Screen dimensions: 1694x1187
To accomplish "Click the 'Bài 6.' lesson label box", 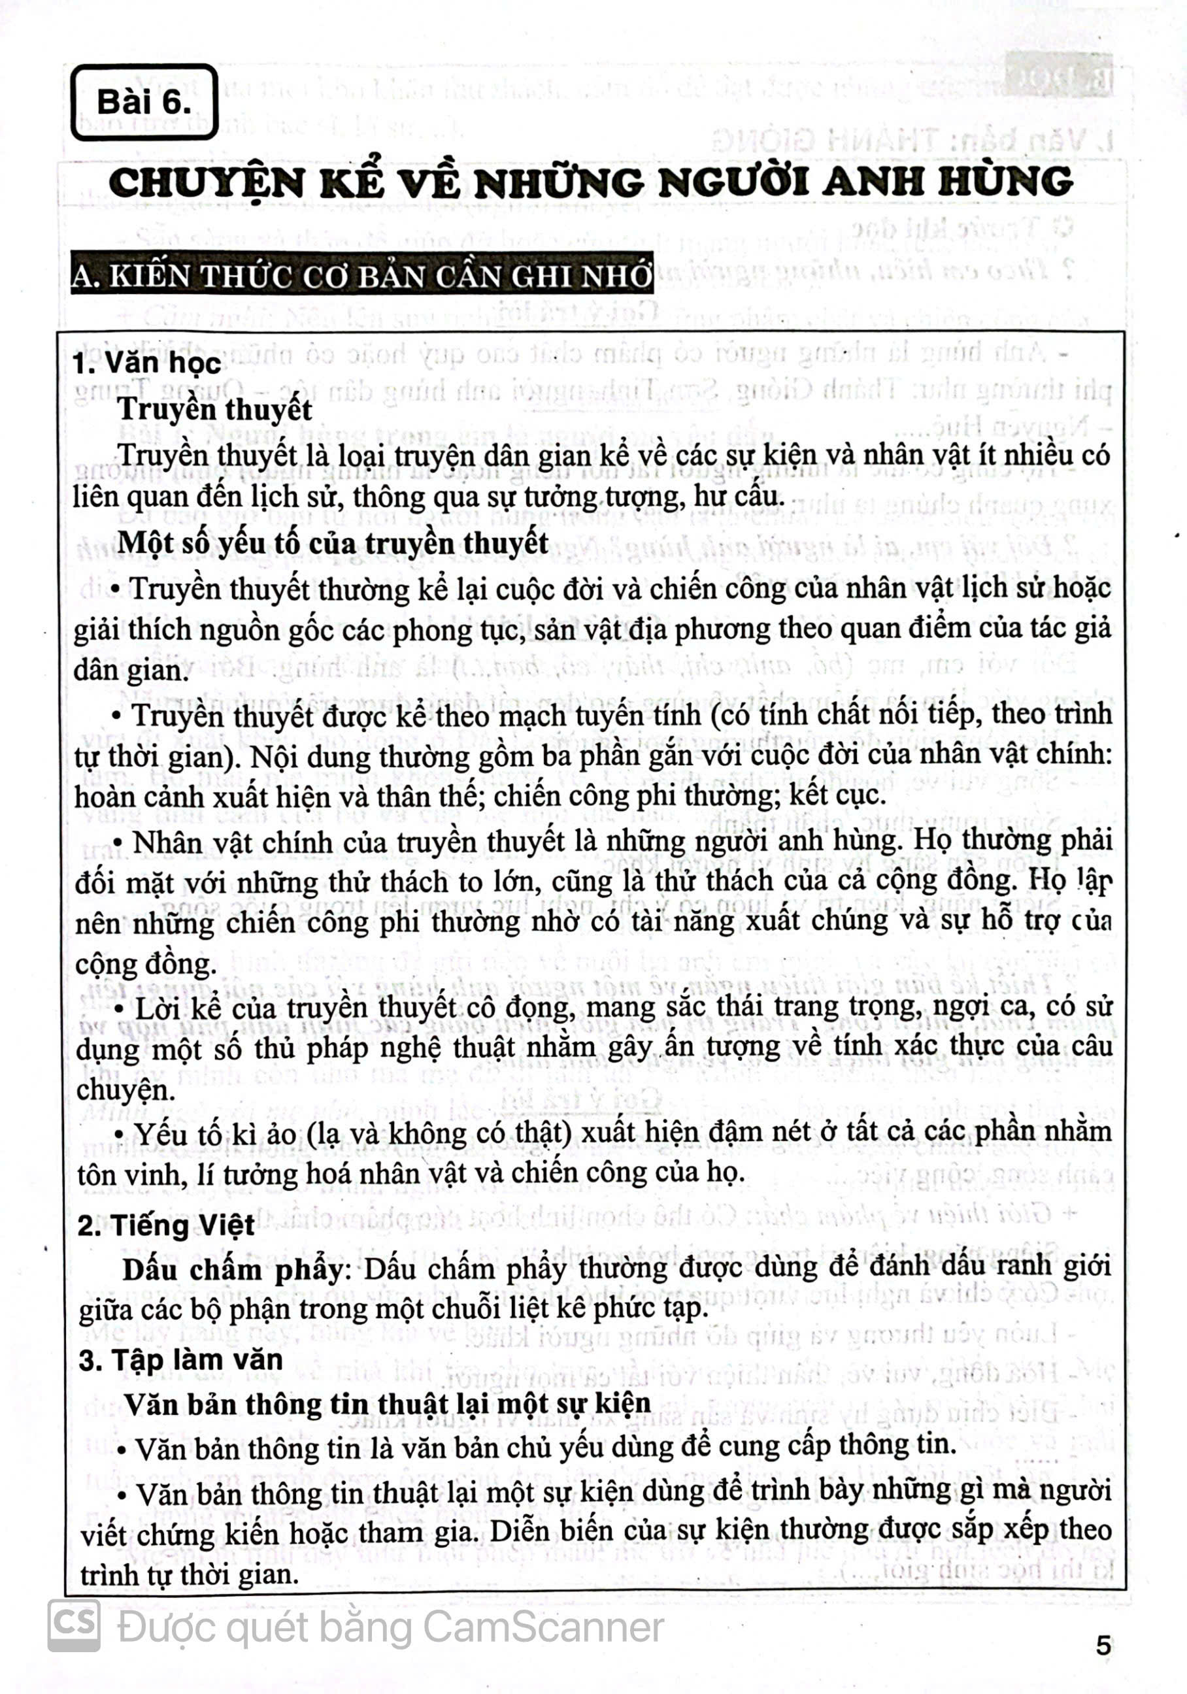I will pos(144,102).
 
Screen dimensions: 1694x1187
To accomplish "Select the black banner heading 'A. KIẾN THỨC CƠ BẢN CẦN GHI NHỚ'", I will pos(361,275).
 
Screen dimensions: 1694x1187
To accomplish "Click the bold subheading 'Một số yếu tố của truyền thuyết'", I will pos(332,542).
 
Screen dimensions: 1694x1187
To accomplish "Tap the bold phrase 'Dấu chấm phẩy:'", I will pos(233,1269).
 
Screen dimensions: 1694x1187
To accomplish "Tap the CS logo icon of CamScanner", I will pos(74,1625).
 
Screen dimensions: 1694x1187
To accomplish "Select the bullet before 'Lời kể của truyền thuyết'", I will pos(120,1008).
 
